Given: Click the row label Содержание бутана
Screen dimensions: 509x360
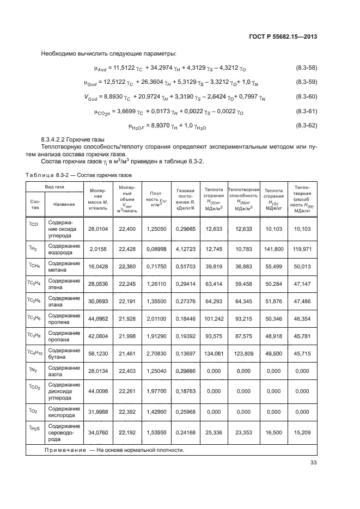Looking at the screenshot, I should [64, 354].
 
